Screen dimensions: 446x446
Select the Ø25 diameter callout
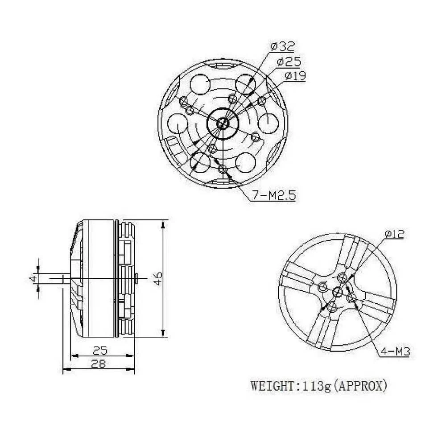(x=289, y=61)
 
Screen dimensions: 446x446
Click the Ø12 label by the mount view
(x=394, y=234)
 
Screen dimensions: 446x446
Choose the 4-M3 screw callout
(x=395, y=352)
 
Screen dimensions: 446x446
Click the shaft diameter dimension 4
(x=32, y=278)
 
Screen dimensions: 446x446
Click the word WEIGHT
(x=273, y=385)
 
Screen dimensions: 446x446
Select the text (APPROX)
(x=359, y=385)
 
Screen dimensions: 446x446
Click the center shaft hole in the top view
(x=223, y=122)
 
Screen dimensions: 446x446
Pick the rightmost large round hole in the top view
(x=269, y=123)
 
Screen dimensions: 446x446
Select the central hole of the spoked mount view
(x=338, y=293)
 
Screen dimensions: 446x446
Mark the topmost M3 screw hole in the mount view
(x=342, y=277)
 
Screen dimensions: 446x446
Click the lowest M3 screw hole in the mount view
(x=332, y=307)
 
